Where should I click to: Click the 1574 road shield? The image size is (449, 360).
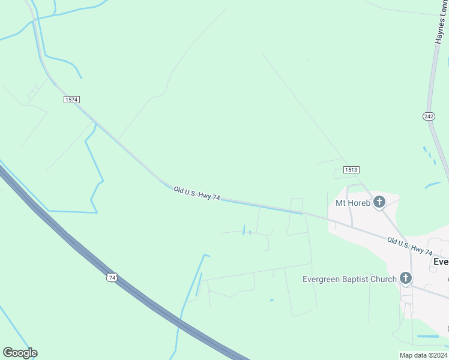[x=71, y=99]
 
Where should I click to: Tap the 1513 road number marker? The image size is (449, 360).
[x=352, y=170]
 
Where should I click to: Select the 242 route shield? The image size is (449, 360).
[x=429, y=116]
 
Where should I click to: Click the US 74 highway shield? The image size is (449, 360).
[x=110, y=277]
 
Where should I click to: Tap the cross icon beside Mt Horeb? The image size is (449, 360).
[x=379, y=202]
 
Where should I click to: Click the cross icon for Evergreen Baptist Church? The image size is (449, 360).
[x=406, y=278]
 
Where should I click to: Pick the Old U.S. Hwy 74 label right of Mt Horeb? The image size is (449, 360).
[x=410, y=246]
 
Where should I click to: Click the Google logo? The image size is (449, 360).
[x=20, y=353]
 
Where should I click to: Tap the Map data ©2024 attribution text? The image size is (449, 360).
[x=423, y=355]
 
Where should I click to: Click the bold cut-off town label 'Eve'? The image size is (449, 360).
[x=441, y=262]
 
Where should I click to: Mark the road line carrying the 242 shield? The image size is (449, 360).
[x=432, y=90]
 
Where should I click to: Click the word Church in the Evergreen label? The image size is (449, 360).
[x=382, y=279]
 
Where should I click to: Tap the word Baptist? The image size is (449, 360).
[x=352, y=279]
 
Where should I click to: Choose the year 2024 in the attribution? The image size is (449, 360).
[x=438, y=355]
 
